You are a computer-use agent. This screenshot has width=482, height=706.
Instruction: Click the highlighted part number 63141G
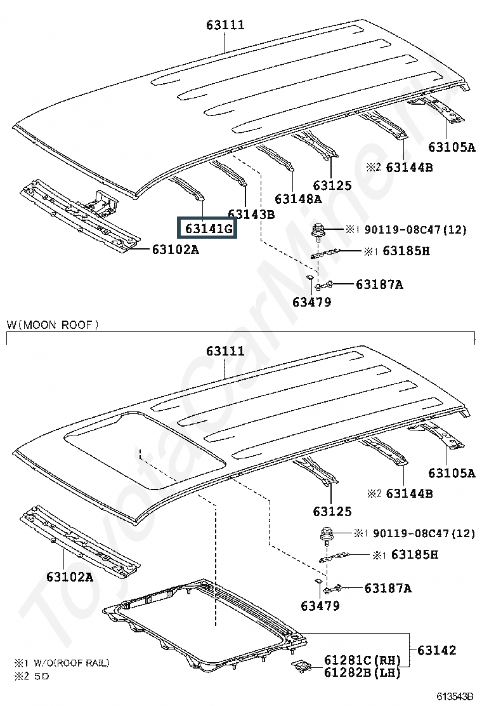(x=209, y=229)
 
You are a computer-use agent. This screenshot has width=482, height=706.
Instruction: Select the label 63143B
(x=251, y=215)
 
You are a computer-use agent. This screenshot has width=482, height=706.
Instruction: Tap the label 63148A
(x=298, y=199)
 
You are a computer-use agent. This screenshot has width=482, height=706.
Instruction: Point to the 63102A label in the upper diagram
(x=175, y=249)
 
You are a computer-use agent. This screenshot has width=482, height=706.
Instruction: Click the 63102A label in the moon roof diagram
(x=70, y=576)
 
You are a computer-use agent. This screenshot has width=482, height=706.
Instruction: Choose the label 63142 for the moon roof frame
(x=436, y=650)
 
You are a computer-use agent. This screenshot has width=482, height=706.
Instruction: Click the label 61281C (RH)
(x=362, y=660)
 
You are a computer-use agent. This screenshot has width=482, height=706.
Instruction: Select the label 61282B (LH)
(x=362, y=672)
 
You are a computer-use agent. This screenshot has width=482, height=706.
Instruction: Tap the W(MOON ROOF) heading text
(x=53, y=324)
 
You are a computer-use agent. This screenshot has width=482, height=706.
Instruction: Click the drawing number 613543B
(x=454, y=696)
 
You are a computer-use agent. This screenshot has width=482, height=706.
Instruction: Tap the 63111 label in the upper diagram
(x=225, y=25)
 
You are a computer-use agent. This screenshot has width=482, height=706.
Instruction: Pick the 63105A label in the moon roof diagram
(x=452, y=473)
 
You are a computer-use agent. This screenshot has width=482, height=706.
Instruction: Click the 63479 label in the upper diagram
(x=311, y=302)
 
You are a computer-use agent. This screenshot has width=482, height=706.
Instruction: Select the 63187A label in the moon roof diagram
(x=388, y=588)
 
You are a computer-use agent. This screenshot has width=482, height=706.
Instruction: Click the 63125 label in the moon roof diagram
(x=332, y=512)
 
